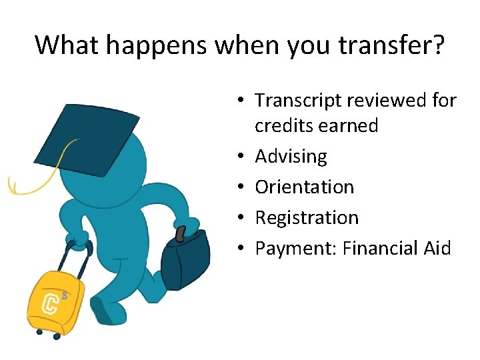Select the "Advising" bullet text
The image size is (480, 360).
[291, 157]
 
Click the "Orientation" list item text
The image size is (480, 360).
[304, 187]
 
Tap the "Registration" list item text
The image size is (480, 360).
[307, 218]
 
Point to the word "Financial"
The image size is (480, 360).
[380, 249]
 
